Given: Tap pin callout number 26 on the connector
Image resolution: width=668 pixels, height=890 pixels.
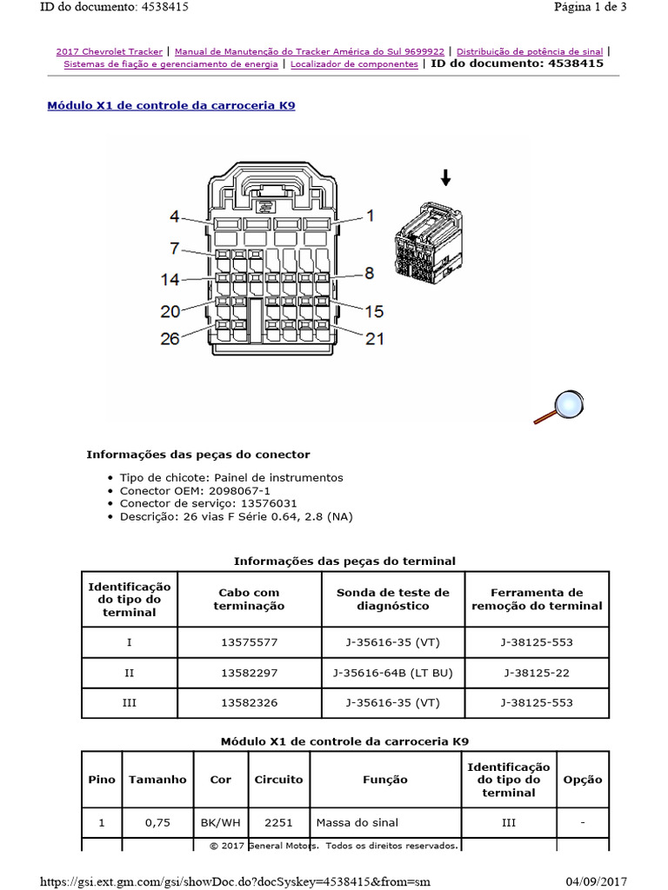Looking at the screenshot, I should point(170,339).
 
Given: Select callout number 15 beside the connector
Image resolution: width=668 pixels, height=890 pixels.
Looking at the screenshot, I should point(373,310).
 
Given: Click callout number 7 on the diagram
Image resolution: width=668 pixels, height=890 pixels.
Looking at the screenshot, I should point(174,249).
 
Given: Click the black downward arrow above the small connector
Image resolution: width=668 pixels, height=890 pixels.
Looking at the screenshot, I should point(446,178).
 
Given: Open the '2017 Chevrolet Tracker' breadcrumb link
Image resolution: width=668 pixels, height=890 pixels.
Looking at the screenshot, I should point(109,51).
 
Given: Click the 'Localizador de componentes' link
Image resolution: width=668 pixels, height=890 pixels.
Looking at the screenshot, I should point(354,63).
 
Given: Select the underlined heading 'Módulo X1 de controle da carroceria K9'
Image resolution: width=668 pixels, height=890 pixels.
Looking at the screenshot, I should point(170,105).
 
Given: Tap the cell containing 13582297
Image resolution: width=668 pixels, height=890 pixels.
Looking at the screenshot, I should point(249,673).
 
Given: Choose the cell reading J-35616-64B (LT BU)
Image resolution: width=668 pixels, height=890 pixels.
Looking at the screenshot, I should point(393,673).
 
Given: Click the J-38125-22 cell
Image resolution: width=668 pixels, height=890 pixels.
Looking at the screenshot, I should point(537,673).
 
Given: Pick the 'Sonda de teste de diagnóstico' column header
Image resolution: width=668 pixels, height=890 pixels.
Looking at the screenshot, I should point(393,599).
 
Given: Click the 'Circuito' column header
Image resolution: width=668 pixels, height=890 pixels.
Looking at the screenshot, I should point(278,780).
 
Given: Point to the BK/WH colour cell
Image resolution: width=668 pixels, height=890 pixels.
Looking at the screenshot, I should point(221,822).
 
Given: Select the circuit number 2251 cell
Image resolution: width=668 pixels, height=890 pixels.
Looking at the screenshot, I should point(278,822).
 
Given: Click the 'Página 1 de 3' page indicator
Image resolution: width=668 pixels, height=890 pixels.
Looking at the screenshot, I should point(590,7).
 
